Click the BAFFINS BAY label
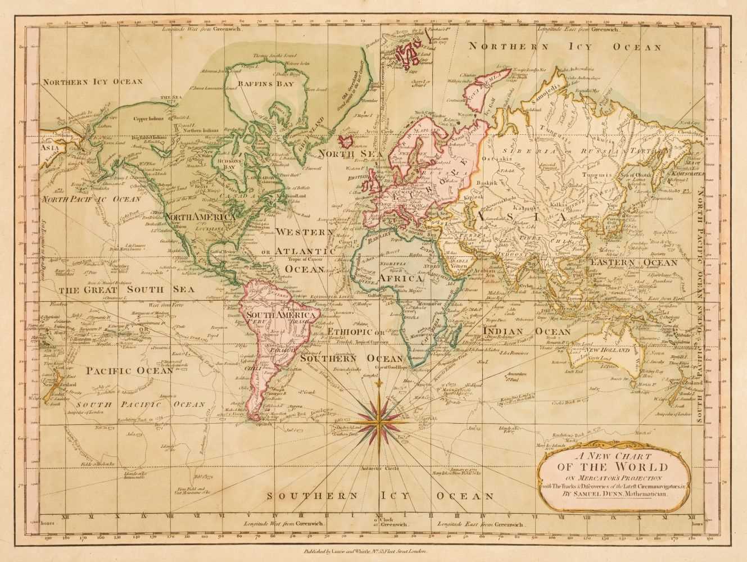click(250, 84)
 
